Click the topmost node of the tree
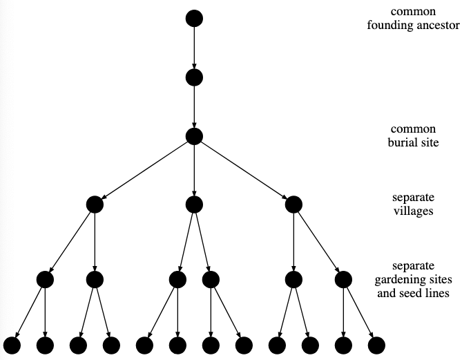194,19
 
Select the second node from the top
194,77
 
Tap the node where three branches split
194,136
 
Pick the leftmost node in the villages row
95,204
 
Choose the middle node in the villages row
194,204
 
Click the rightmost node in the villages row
293,204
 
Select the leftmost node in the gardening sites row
45,279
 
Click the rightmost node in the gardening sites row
343,279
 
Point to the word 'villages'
413,211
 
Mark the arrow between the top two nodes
194,48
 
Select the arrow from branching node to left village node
144,170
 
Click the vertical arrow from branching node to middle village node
194,170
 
